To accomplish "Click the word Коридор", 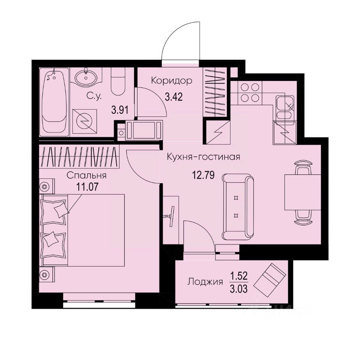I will point(172,80).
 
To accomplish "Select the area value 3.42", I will point(174,99).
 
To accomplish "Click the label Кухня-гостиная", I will point(203,157).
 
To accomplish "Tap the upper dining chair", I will point(303,167).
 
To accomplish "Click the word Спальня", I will point(87,175).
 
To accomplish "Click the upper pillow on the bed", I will point(55,210).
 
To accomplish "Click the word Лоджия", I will point(205,282).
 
